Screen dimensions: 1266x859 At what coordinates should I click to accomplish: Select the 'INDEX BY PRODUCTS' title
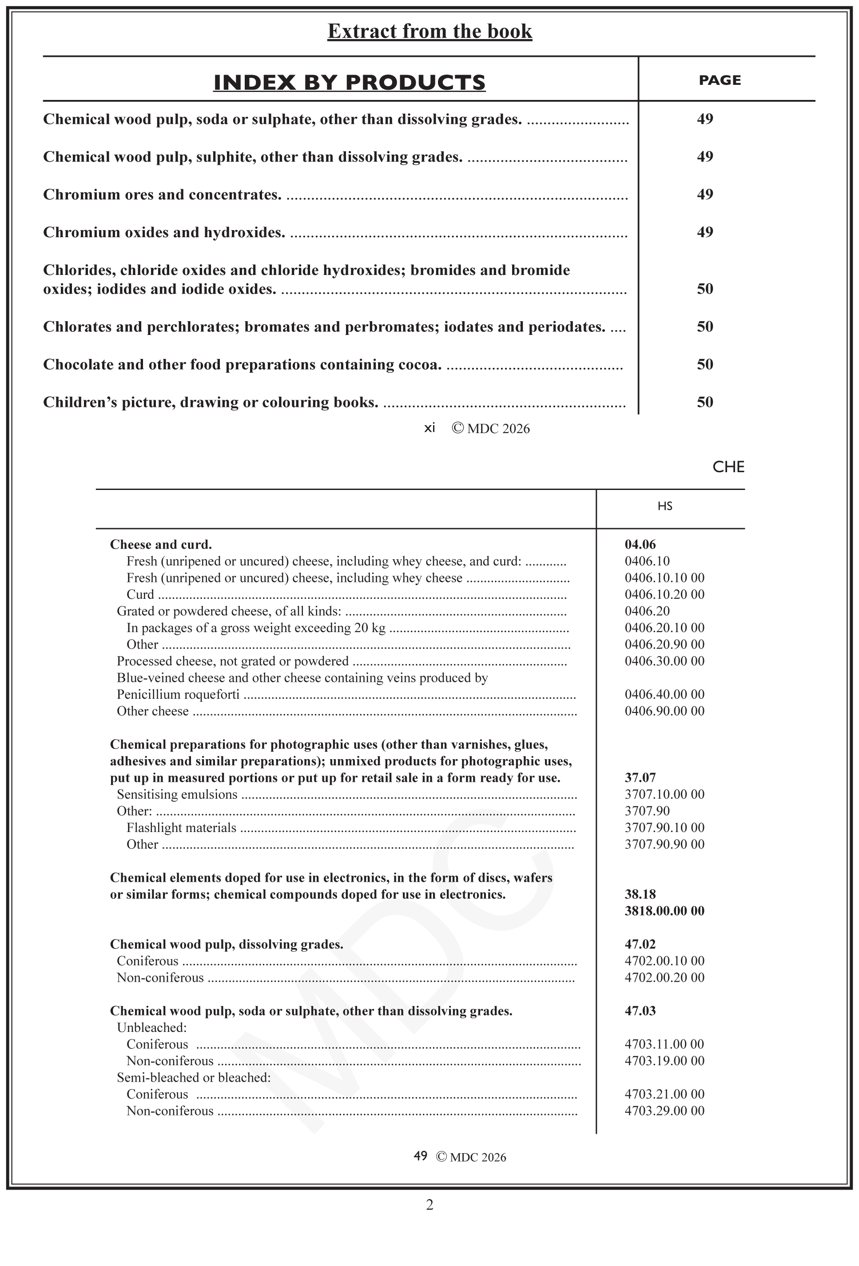click(x=349, y=82)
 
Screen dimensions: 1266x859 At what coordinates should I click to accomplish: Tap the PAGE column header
click(x=720, y=80)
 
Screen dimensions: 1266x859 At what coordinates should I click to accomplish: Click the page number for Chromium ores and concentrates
click(x=705, y=195)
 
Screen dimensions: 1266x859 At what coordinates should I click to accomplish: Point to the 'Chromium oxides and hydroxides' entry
click(x=164, y=233)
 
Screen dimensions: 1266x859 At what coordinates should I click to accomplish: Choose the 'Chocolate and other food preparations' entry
click(x=242, y=364)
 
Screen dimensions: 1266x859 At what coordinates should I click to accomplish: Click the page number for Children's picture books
click(x=705, y=402)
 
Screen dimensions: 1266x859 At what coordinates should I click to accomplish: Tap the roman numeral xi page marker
click(x=430, y=428)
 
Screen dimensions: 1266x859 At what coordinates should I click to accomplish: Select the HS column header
click(x=664, y=506)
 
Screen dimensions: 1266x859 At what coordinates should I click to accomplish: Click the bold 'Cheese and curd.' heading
click(x=161, y=544)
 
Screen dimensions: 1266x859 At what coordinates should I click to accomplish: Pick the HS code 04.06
click(x=640, y=544)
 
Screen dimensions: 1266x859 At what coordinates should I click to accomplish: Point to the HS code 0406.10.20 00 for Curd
click(x=664, y=594)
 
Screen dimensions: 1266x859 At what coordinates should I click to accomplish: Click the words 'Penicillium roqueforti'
click(x=178, y=695)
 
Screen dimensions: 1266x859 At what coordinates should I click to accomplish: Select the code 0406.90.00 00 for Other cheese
click(x=664, y=711)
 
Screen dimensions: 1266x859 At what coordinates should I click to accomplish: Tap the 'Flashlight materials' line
click(x=181, y=828)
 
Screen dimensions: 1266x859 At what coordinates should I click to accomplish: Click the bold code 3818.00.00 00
click(x=664, y=911)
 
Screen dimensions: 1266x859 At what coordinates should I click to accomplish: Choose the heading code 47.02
click(x=640, y=944)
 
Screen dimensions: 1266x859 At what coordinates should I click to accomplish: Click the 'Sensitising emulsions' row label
click(x=177, y=795)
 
